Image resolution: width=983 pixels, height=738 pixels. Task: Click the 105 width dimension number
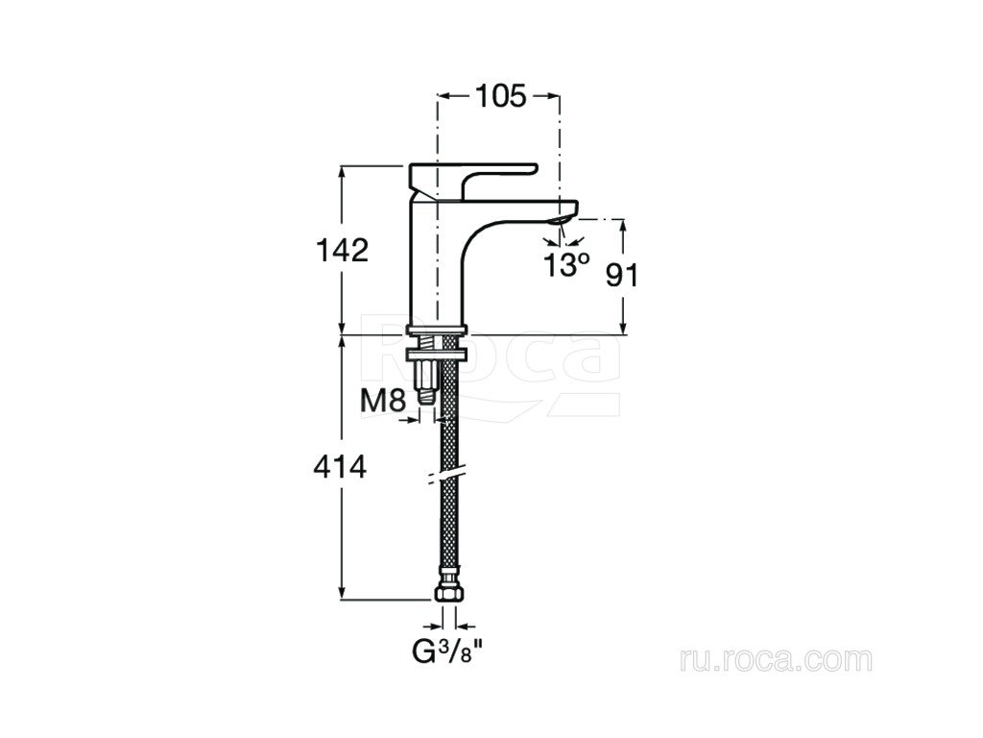(x=501, y=96)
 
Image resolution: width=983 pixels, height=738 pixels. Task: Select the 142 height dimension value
(x=342, y=251)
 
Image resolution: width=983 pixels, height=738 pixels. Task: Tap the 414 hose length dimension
(x=340, y=468)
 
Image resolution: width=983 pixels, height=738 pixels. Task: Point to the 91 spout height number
(x=622, y=276)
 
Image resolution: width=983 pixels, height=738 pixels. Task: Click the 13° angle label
(x=566, y=265)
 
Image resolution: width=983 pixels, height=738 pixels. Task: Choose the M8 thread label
(x=384, y=401)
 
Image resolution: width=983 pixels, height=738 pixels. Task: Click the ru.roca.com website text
(x=776, y=660)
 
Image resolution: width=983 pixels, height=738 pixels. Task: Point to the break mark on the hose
(x=446, y=476)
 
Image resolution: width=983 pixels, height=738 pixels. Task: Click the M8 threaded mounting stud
(x=426, y=381)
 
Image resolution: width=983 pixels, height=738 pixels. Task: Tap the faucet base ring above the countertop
(x=438, y=331)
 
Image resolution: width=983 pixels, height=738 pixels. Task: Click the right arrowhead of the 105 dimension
(x=551, y=96)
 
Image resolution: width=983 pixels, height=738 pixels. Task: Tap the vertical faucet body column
(x=438, y=263)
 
